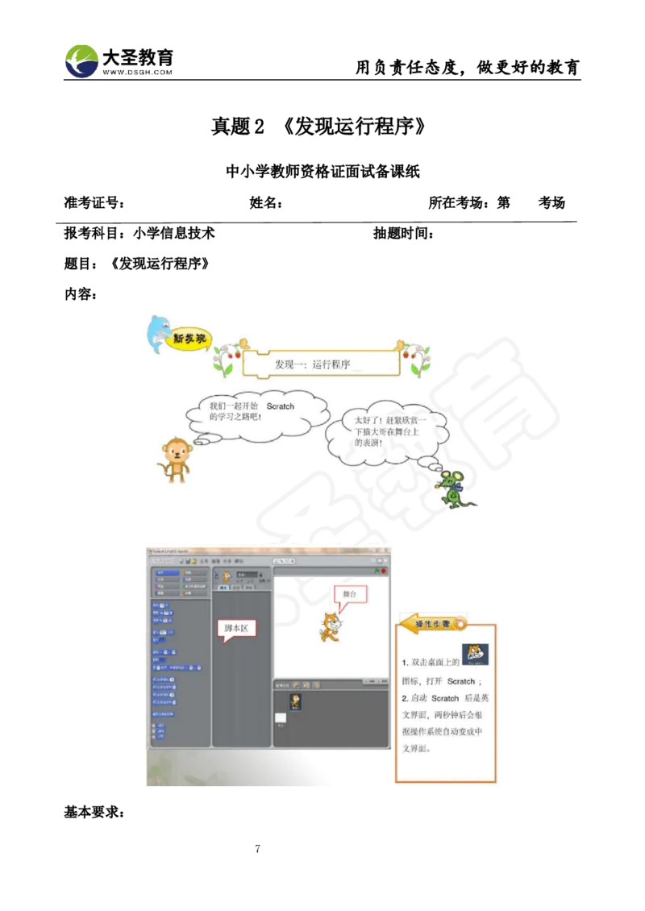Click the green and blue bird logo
82,60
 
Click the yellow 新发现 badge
189,339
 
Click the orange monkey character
175,459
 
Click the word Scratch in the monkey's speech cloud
280,406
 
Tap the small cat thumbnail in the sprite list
296,701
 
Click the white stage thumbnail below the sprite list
281,718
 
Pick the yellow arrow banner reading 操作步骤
433,623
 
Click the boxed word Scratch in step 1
461,681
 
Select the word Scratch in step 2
445,698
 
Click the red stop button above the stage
384,571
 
